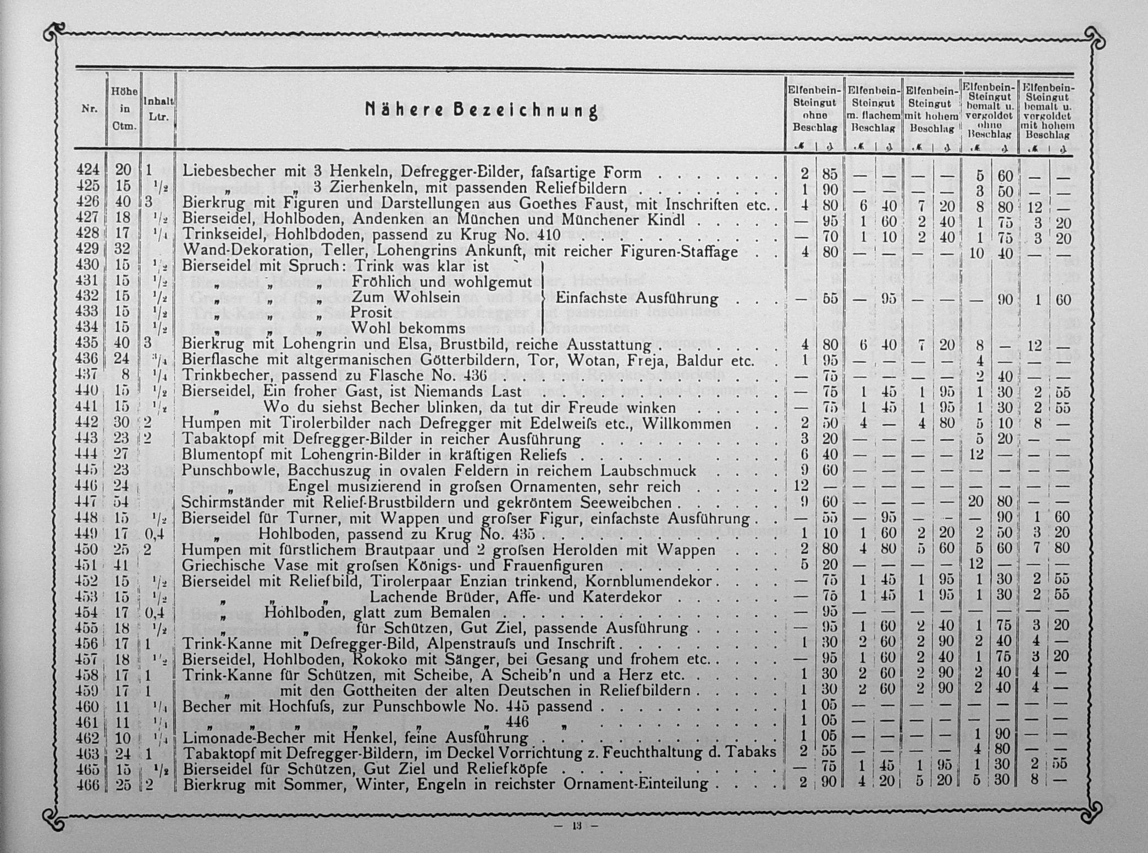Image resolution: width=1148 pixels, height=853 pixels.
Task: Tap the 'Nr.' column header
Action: coord(89,109)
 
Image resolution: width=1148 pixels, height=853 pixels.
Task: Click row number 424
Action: coord(88,171)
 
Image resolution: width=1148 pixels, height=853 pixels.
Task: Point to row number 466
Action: coord(88,784)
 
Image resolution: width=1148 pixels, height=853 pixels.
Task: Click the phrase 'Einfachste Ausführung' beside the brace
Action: coord(637,298)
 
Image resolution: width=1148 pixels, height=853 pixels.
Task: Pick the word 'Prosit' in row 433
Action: coord(372,313)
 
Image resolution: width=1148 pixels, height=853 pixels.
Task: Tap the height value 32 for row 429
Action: coord(122,250)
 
